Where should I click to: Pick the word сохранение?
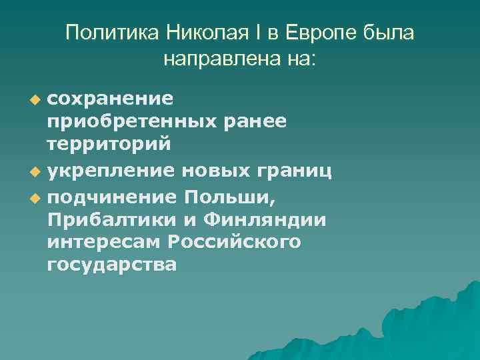(x=111, y=99)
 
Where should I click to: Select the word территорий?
(x=109, y=143)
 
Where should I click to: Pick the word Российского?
(x=235, y=243)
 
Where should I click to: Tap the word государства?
(x=112, y=265)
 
